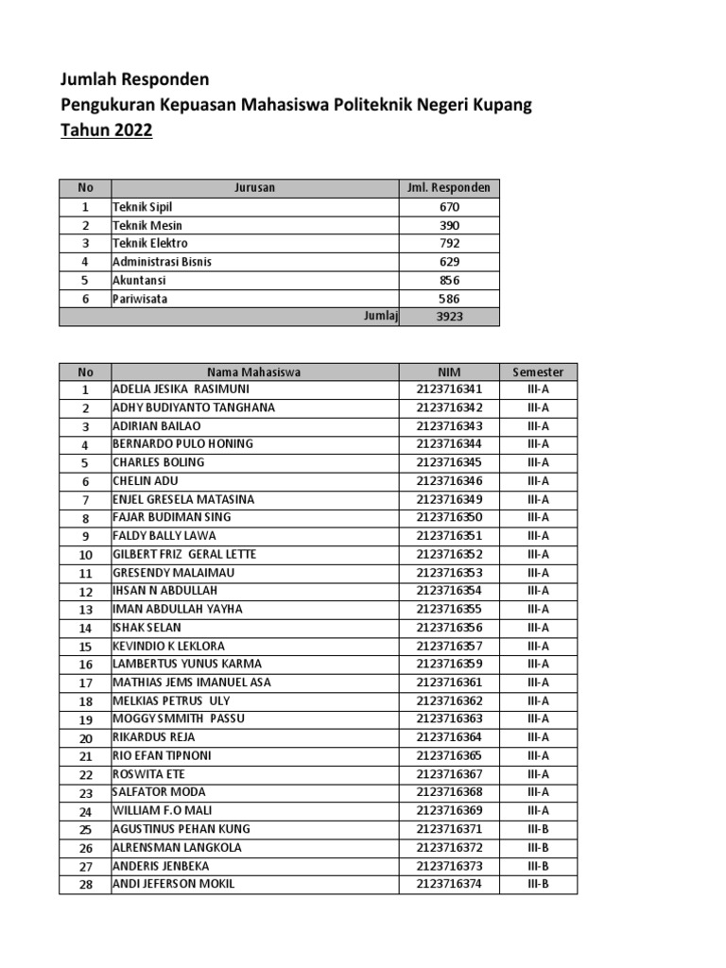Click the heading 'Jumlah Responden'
135,78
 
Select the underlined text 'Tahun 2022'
106,131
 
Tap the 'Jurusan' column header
254,188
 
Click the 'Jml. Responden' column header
449,188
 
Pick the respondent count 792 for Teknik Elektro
449,243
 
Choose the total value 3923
449,317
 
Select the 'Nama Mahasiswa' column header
254,372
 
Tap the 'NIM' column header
449,372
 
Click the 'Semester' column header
538,372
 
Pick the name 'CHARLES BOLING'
159,463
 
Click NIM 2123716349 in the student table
449,499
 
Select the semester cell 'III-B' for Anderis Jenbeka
538,866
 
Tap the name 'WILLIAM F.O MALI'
163,811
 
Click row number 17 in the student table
85,683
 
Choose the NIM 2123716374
449,884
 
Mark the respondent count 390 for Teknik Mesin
449,225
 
